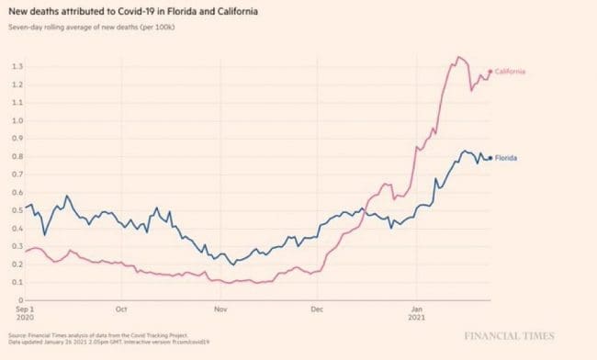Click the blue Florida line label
point(506,158)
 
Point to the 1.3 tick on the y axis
point(18,67)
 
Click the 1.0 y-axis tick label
point(18,120)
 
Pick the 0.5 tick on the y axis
point(18,210)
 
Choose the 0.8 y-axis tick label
point(18,156)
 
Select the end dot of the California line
point(490,72)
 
